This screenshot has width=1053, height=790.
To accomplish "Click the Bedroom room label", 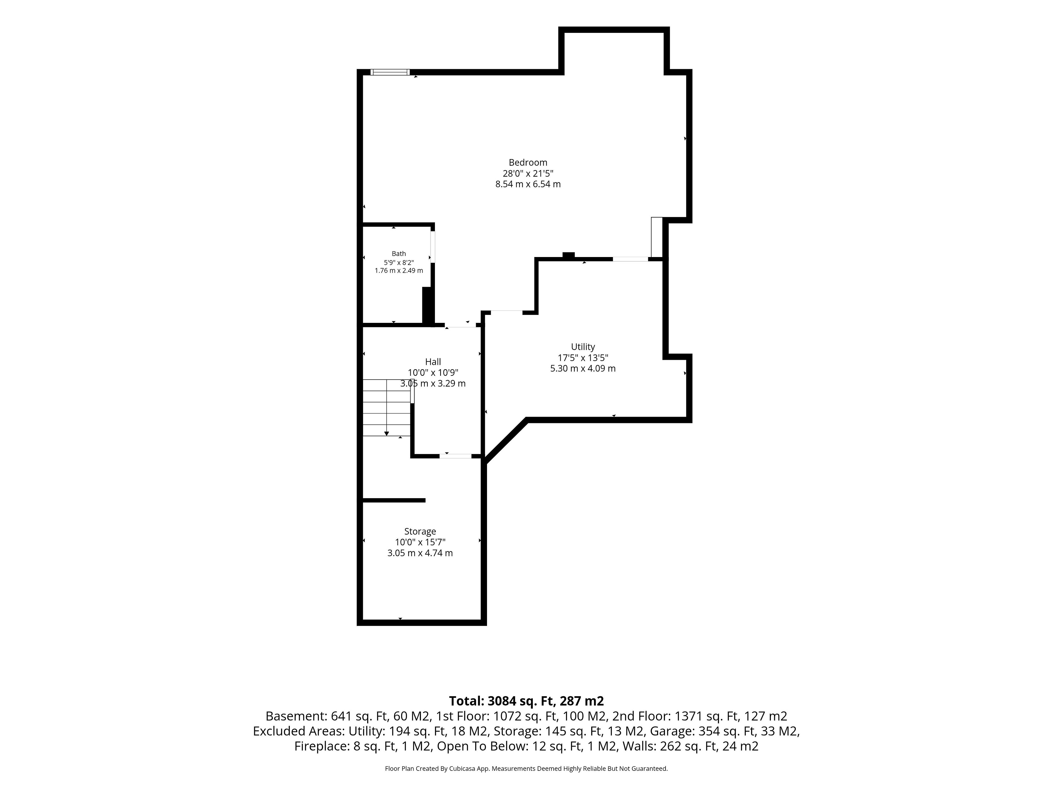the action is [528, 162].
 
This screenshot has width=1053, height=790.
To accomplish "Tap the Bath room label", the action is [399, 254].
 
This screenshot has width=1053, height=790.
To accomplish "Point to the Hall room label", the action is [433, 362].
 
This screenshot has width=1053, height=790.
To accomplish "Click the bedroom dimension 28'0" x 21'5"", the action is [528, 173].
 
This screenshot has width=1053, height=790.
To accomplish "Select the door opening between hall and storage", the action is [455, 456].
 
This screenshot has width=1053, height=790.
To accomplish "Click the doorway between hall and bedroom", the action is [460, 325].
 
